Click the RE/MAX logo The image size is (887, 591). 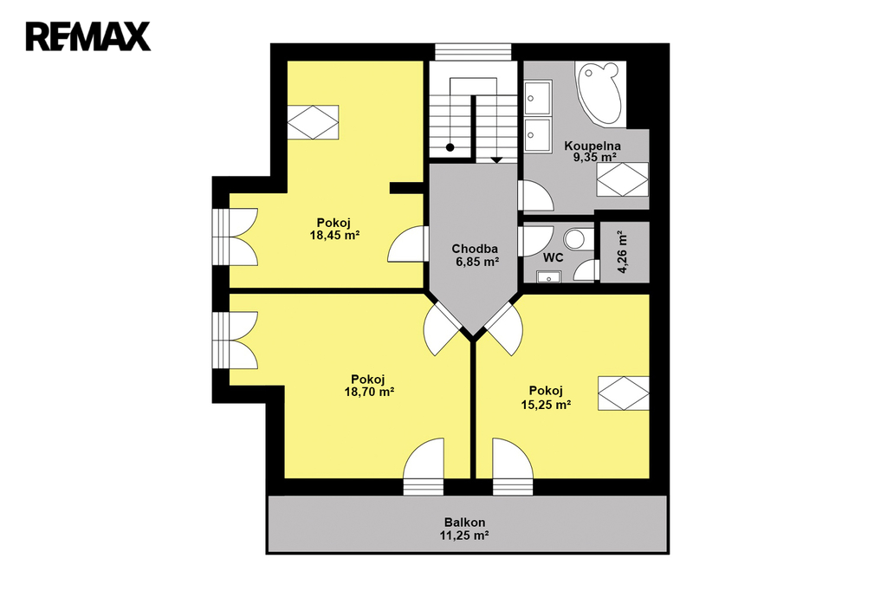click(87, 36)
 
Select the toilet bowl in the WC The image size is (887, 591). click(576, 238)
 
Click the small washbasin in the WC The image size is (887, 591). click(548, 276)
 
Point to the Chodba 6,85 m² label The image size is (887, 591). click(476, 255)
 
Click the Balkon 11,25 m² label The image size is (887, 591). click(464, 529)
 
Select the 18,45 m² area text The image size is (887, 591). click(335, 235)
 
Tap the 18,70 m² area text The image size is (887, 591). click(369, 391)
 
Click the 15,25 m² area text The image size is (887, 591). click(546, 404)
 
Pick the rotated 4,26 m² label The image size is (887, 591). click(623, 252)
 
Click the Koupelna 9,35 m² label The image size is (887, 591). click(592, 152)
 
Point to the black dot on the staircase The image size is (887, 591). click(450, 147)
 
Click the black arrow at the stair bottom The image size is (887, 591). click(496, 160)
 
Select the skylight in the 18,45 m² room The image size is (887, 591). click(313, 122)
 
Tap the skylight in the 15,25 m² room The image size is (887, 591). click(624, 393)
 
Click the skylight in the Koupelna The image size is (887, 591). click(623, 179)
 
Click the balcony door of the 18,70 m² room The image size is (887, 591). click(424, 466)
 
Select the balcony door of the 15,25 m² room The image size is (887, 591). click(513, 466)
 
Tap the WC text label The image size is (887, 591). click(553, 258)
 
